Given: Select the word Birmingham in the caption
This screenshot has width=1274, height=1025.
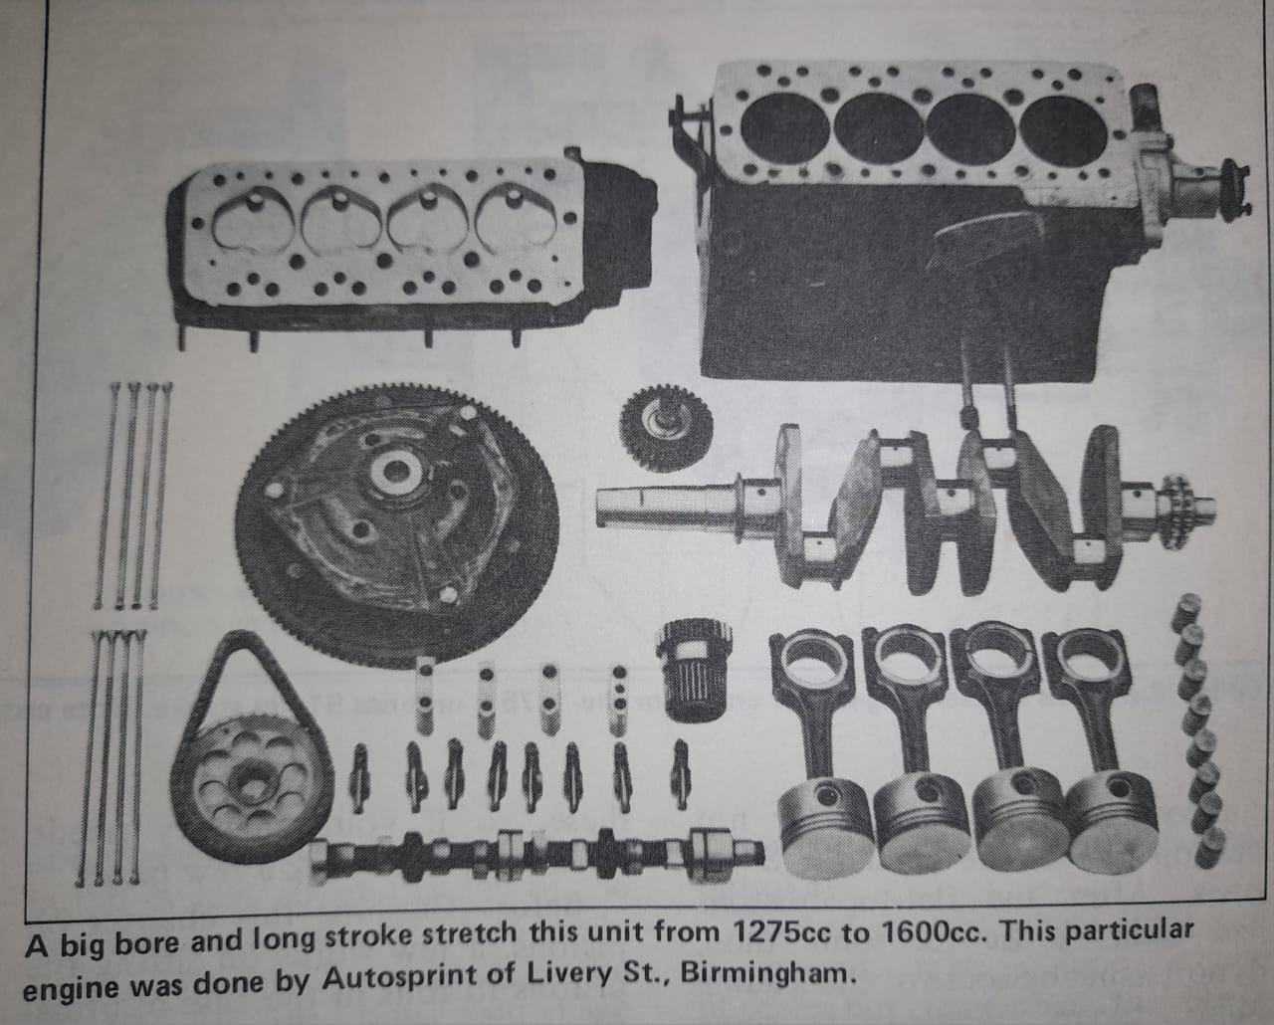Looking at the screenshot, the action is tap(767, 973).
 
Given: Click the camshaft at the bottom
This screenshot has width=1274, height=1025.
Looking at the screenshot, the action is tap(535, 853).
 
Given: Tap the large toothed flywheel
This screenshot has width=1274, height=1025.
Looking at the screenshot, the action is tap(397, 526).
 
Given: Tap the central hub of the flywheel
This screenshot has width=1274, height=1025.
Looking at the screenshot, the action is tap(395, 472).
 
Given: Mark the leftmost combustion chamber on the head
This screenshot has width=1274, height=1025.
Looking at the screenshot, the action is tap(254, 218).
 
